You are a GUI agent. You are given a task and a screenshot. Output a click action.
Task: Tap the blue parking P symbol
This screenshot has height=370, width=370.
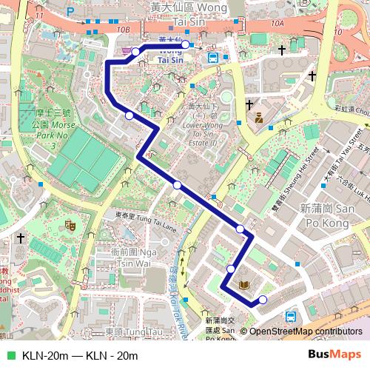[70, 12]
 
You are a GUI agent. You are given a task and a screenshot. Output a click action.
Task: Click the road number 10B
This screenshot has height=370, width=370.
[123, 30]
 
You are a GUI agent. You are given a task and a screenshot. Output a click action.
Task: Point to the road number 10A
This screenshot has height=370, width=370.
[277, 24]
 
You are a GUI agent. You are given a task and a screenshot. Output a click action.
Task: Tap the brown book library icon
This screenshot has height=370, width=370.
[245, 284]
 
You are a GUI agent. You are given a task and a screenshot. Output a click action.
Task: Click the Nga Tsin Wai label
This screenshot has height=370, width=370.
[135, 258]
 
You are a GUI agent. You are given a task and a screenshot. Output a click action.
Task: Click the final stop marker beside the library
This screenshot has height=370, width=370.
[262, 300]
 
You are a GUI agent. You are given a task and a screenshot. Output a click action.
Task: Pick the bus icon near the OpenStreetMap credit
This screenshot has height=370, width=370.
[291, 315]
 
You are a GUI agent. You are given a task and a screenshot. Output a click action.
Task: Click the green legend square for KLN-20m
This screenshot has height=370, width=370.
[9, 355]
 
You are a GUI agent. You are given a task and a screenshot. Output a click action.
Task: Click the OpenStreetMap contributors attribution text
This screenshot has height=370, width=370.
[305, 332]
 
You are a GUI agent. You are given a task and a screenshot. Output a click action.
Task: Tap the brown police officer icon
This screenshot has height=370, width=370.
[260, 117]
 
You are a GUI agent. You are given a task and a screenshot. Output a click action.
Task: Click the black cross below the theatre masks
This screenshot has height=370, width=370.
[20, 238]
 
